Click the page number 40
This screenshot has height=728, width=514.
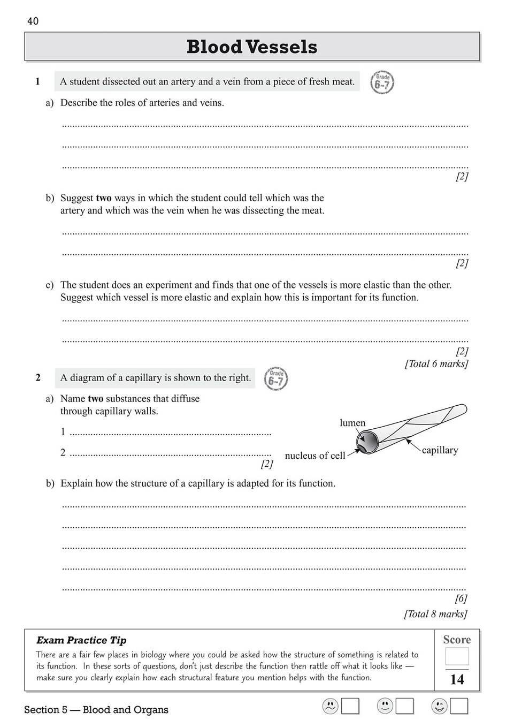[x=33, y=21]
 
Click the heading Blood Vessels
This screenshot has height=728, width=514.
[x=252, y=47]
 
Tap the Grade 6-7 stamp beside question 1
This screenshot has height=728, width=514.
[x=382, y=82]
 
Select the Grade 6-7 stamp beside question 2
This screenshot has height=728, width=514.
[x=276, y=379]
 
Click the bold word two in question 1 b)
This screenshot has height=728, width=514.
[x=104, y=198]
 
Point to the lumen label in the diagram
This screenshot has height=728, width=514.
[x=352, y=423]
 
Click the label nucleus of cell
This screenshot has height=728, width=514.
[x=315, y=456]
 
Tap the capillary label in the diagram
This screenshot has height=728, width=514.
[x=440, y=450]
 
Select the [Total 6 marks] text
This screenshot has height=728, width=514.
[x=436, y=364]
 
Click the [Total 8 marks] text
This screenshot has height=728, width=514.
[x=435, y=614]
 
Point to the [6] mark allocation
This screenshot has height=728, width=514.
[x=461, y=598]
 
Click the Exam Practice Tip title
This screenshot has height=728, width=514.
[x=81, y=640]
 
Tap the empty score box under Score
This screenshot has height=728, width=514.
[x=457, y=656]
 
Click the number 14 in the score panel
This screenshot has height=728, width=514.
[x=457, y=680]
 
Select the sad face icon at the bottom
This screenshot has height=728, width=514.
[x=331, y=707]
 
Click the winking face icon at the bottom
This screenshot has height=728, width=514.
[x=440, y=707]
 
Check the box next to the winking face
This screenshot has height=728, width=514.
[x=459, y=707]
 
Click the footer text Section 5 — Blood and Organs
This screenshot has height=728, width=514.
[x=96, y=710]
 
